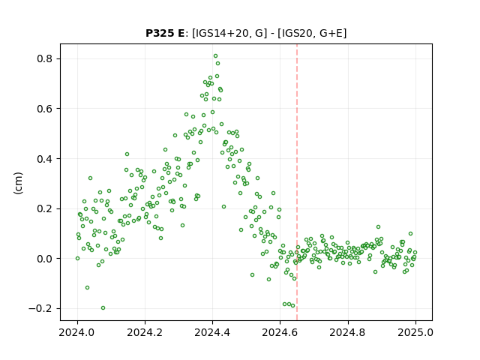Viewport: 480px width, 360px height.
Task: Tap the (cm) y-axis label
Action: pyautogui.click(x=18, y=183)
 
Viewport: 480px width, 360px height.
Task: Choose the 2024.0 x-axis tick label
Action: pyautogui.click(x=77, y=332)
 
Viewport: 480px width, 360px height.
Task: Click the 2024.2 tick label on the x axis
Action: pyautogui.click(x=145, y=332)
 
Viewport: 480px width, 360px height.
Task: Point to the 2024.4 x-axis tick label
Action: pyautogui.click(x=212, y=332)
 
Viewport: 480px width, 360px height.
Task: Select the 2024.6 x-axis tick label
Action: pyautogui.click(x=280, y=332)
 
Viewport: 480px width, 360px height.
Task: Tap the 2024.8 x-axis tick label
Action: pyautogui.click(x=348, y=332)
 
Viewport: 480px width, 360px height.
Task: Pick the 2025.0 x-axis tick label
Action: pyautogui.click(x=415, y=332)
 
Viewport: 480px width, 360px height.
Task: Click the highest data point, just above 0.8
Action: pyautogui.click(x=215, y=56)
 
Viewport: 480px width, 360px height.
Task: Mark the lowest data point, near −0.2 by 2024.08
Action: pyautogui.click(x=103, y=308)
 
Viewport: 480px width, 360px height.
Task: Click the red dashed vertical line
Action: pyautogui.click(x=297, y=182)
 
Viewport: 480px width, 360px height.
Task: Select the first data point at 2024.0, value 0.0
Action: pyautogui.click(x=77, y=258)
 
